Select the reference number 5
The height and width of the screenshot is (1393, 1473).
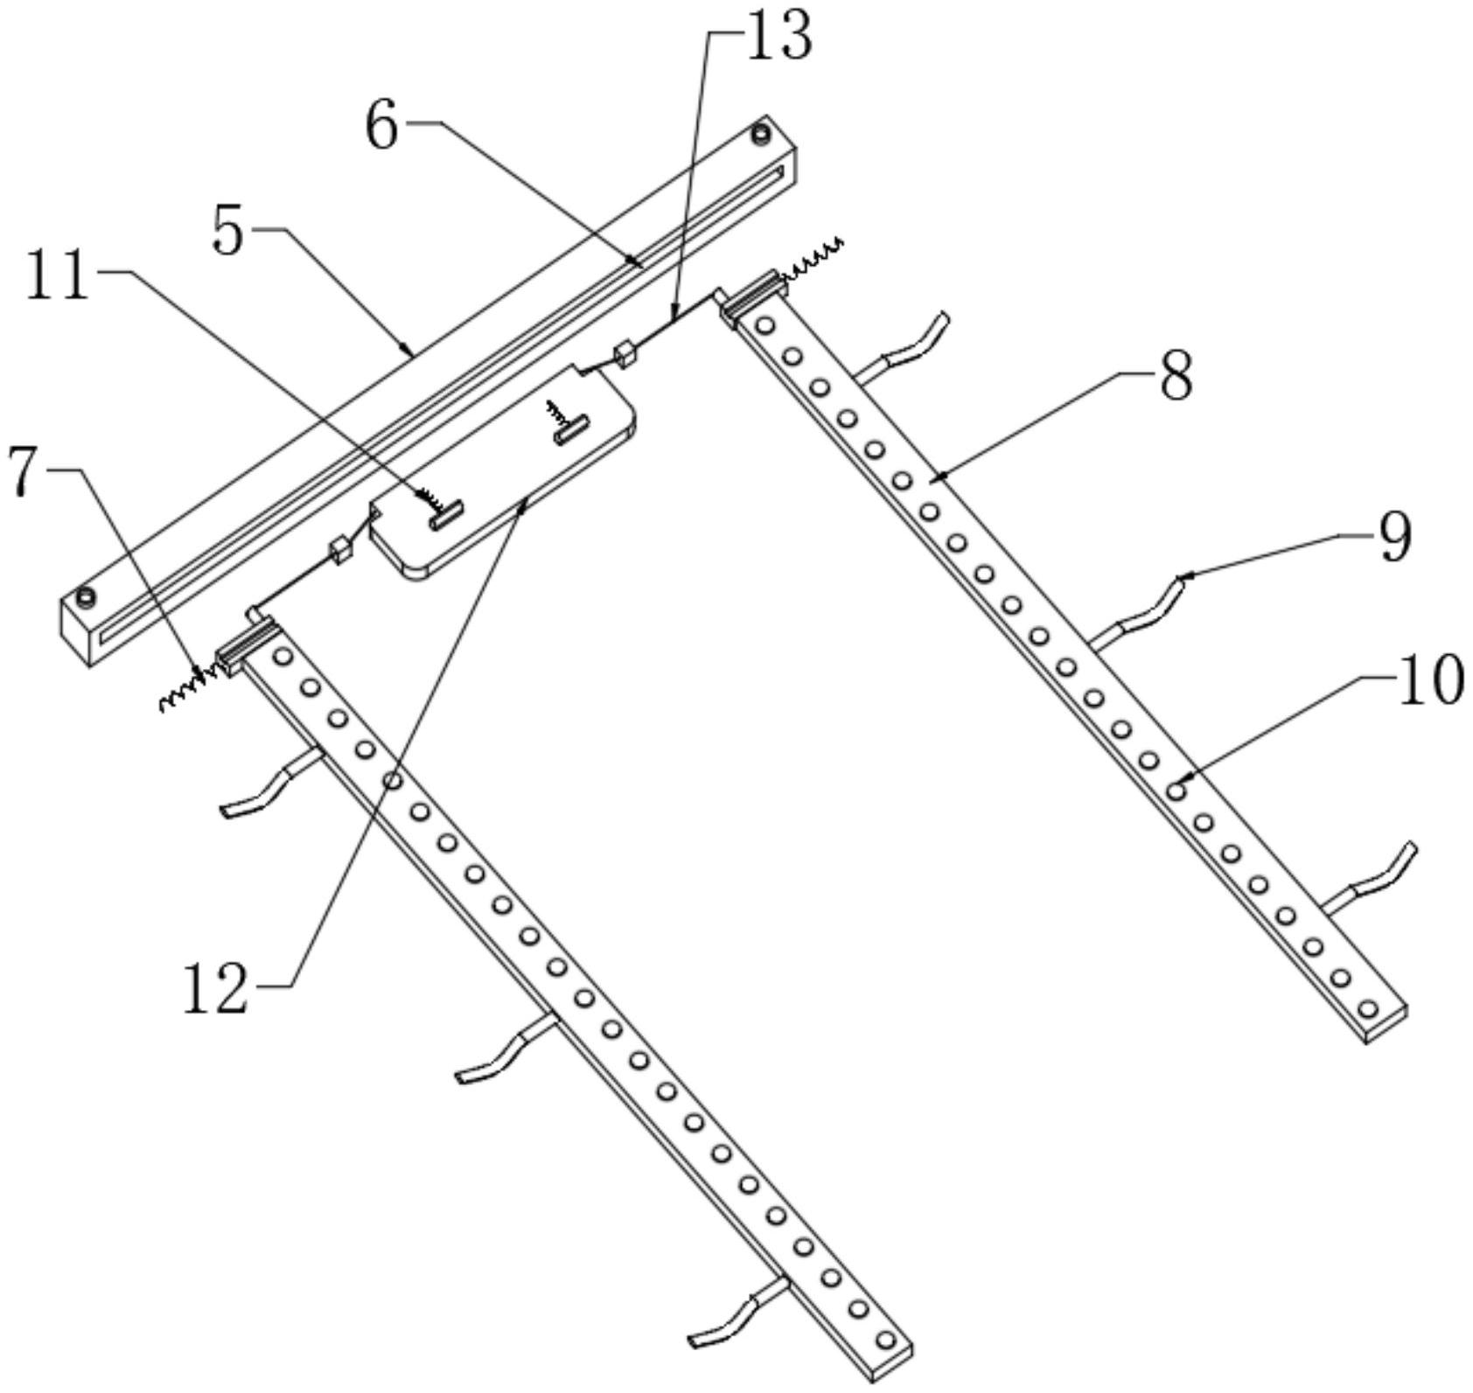point(228,232)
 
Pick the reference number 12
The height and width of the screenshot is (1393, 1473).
point(215,990)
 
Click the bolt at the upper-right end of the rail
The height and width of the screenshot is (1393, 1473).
point(761,136)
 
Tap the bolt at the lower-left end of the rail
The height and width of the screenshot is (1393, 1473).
point(86,597)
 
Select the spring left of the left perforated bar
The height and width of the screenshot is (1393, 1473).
point(186,690)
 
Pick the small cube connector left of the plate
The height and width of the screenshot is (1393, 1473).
point(339,551)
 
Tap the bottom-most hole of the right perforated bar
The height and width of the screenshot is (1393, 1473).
point(1368,1009)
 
